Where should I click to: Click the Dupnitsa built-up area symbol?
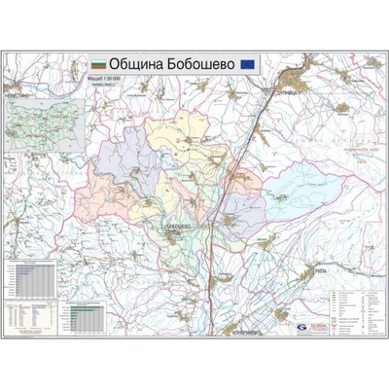(292, 78)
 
